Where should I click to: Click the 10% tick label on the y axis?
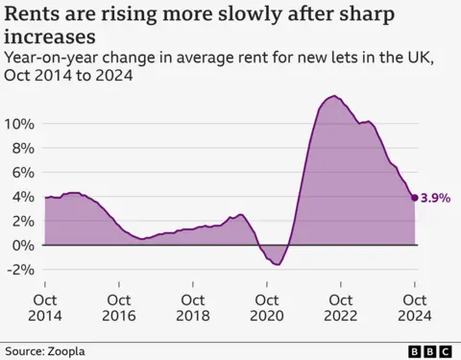coord(19,125)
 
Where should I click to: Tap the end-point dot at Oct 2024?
coord(415,198)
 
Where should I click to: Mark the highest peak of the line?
coord(333,96)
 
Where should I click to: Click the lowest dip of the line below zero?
coord(278,264)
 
